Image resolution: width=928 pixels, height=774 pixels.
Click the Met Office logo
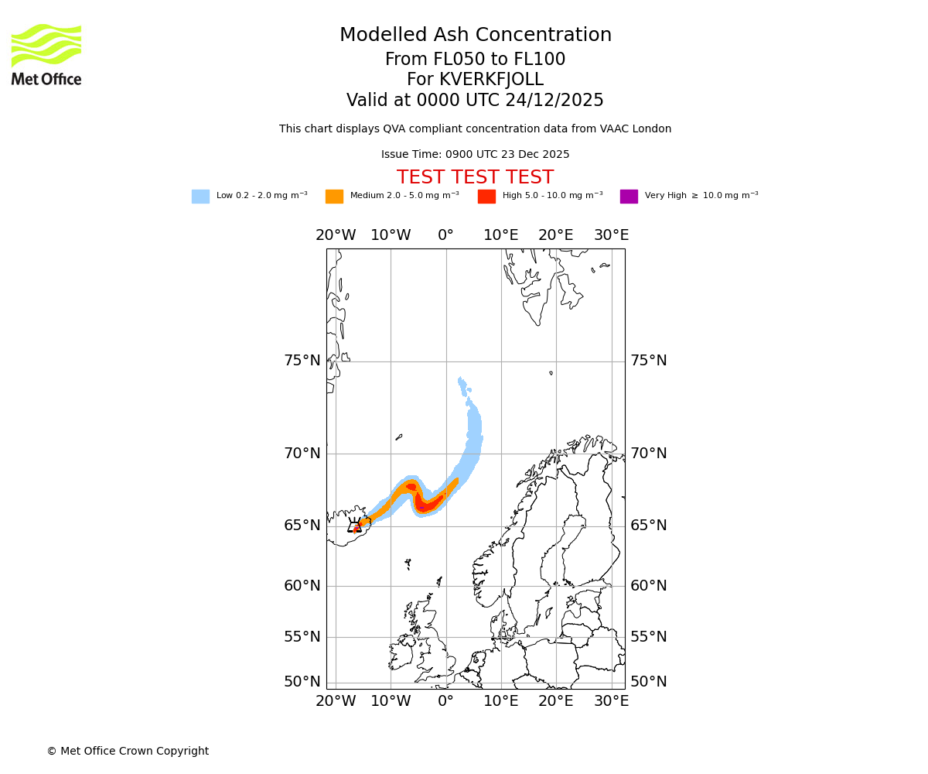[x=46, y=54]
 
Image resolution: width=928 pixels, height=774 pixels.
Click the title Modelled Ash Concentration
[x=475, y=36]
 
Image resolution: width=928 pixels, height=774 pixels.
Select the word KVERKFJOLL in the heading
[x=491, y=80]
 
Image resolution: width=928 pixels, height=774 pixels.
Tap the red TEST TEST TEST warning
[x=475, y=178]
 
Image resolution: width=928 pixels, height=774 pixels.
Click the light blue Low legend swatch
[x=200, y=197]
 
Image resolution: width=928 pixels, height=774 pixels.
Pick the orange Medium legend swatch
[x=334, y=197]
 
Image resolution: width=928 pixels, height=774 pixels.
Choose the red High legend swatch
[x=486, y=197]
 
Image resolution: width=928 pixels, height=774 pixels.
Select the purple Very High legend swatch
[x=629, y=197]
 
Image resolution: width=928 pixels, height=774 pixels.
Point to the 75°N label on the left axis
[x=302, y=361]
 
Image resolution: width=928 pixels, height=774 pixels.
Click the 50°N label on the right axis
[x=648, y=682]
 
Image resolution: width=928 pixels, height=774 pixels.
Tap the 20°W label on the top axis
[x=336, y=235]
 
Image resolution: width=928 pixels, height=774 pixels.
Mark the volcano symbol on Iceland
[x=354, y=526]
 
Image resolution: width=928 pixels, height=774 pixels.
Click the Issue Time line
[x=475, y=155]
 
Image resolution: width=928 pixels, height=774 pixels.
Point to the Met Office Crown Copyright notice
[x=128, y=752]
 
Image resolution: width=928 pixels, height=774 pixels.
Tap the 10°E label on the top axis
[x=500, y=235]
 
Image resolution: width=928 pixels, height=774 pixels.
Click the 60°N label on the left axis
[x=302, y=586]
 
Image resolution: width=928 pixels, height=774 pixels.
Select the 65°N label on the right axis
[x=648, y=526]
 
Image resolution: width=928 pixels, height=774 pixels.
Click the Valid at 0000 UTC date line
[x=475, y=101]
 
